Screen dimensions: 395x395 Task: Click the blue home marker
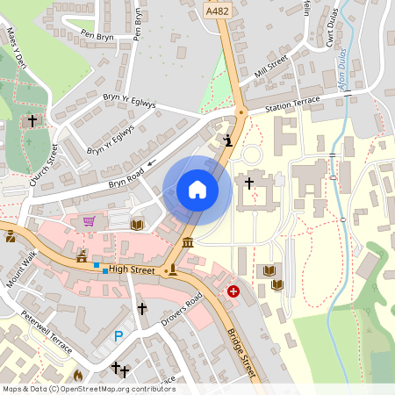click(x=197, y=190)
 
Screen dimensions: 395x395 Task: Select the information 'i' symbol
click(x=228, y=140)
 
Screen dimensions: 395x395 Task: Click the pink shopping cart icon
click(x=89, y=220)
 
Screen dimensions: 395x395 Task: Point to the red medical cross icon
click(x=233, y=291)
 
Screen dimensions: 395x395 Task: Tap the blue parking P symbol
click(x=118, y=334)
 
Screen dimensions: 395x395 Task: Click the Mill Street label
click(x=270, y=68)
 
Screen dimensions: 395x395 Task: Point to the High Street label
click(x=133, y=270)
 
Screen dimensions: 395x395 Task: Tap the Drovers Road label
click(x=182, y=311)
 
